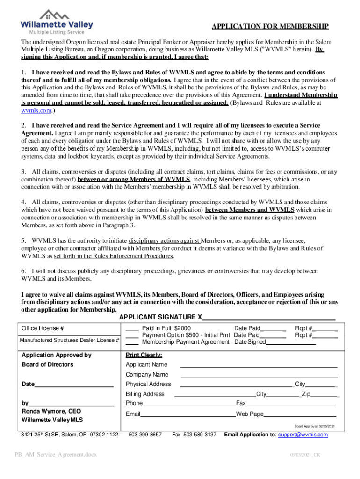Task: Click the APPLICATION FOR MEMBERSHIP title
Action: coord(270,26)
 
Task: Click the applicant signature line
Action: coord(268,318)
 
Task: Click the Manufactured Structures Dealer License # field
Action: coord(69,340)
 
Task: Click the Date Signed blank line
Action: coord(290,342)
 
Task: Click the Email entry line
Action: coord(188,414)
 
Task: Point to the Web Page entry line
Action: coord(300,414)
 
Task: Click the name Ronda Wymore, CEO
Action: coord(51,411)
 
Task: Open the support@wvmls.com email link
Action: coord(302,435)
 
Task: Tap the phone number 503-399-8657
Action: coord(145,435)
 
